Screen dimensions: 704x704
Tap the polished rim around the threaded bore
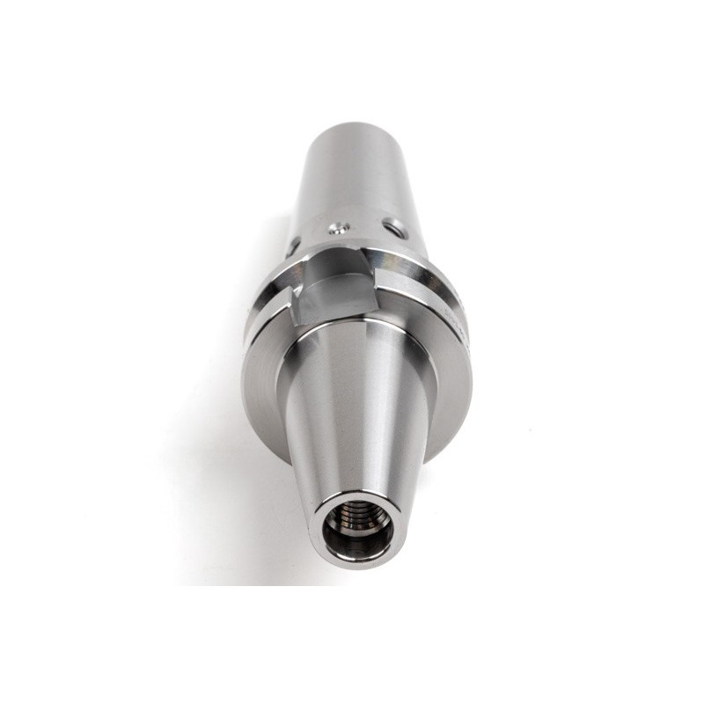(x=357, y=559)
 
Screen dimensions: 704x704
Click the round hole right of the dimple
(x=398, y=231)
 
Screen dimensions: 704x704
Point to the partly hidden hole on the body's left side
(x=293, y=242)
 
